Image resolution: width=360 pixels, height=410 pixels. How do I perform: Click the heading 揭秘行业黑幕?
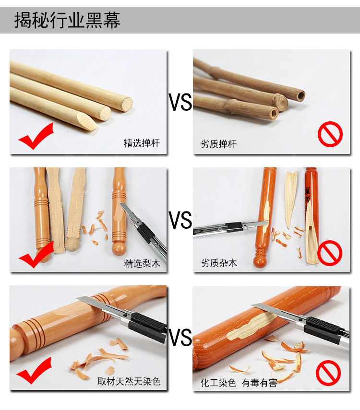(x=67, y=20)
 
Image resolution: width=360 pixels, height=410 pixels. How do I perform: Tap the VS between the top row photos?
(x=180, y=102)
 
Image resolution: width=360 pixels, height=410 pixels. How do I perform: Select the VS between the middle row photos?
(x=180, y=220)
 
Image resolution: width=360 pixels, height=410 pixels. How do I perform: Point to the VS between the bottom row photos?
(x=180, y=338)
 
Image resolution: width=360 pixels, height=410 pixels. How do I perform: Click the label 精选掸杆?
(x=142, y=143)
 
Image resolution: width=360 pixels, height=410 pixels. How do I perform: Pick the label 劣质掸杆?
(x=218, y=144)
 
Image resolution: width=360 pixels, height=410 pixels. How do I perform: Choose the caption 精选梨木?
(x=142, y=263)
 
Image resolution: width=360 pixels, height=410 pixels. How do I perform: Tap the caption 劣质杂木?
(x=218, y=263)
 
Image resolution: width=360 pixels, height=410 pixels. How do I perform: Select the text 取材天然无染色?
(x=129, y=382)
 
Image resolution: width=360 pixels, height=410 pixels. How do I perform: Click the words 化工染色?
(x=218, y=383)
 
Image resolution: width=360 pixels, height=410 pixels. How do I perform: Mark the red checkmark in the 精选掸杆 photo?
(x=36, y=136)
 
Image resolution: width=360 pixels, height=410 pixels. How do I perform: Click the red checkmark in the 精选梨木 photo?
(x=36, y=255)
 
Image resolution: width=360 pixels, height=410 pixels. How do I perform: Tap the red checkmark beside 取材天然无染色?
(x=34, y=370)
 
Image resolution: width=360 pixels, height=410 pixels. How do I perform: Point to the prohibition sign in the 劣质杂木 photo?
(x=330, y=253)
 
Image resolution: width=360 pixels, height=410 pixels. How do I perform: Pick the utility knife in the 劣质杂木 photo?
(x=230, y=227)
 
